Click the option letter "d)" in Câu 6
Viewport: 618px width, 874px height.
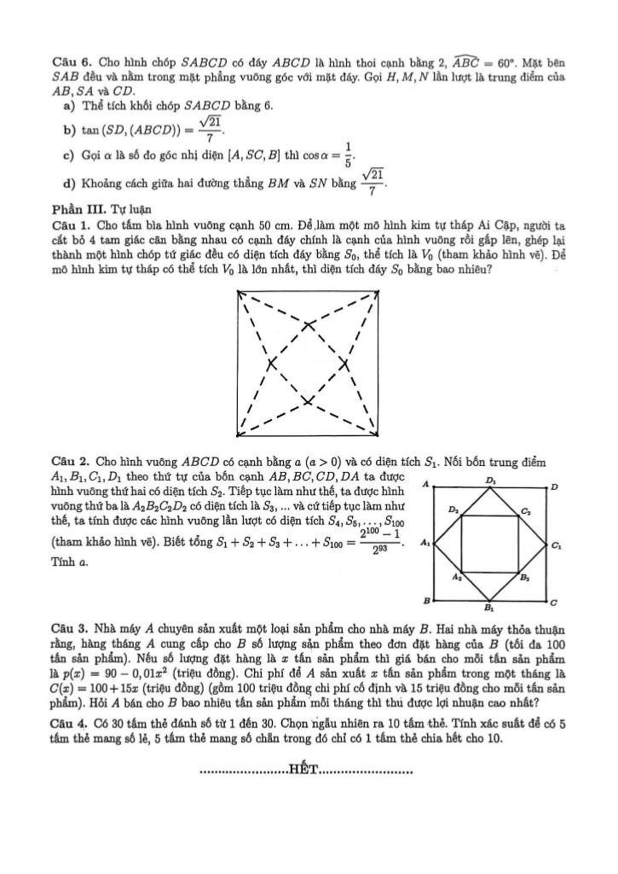tap(67, 184)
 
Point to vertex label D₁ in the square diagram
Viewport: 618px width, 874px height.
tap(492, 481)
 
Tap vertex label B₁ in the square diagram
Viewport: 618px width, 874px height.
tap(488, 609)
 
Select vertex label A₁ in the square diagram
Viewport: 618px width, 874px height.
tap(425, 544)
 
